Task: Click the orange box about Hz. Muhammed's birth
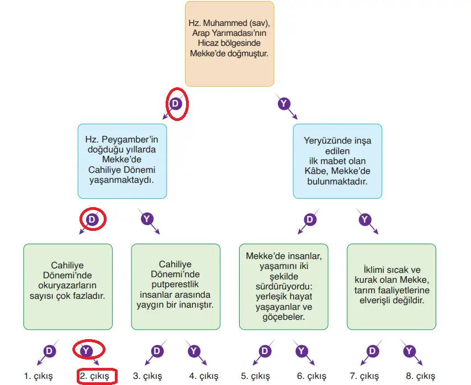tap(229, 44)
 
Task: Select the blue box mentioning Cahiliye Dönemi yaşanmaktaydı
tap(121, 161)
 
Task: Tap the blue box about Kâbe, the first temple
tap(337, 161)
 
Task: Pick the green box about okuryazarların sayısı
tap(68, 287)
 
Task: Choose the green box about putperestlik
tap(176, 287)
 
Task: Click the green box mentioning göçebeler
tap(284, 287)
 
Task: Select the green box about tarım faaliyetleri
tap(391, 287)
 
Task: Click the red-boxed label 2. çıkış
tap(97, 376)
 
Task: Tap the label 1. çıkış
tap(38, 376)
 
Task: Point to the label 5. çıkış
tap(255, 376)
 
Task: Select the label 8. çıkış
tap(421, 376)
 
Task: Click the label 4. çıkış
tap(203, 376)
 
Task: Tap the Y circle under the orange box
tap(284, 103)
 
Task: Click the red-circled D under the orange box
tap(176, 103)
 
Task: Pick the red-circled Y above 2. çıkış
tap(86, 351)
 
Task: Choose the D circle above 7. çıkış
tap(373, 351)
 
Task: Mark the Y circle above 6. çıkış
tap(301, 351)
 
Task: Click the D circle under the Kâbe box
tap(310, 219)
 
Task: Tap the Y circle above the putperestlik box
tap(146, 219)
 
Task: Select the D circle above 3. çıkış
tap(157, 351)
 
